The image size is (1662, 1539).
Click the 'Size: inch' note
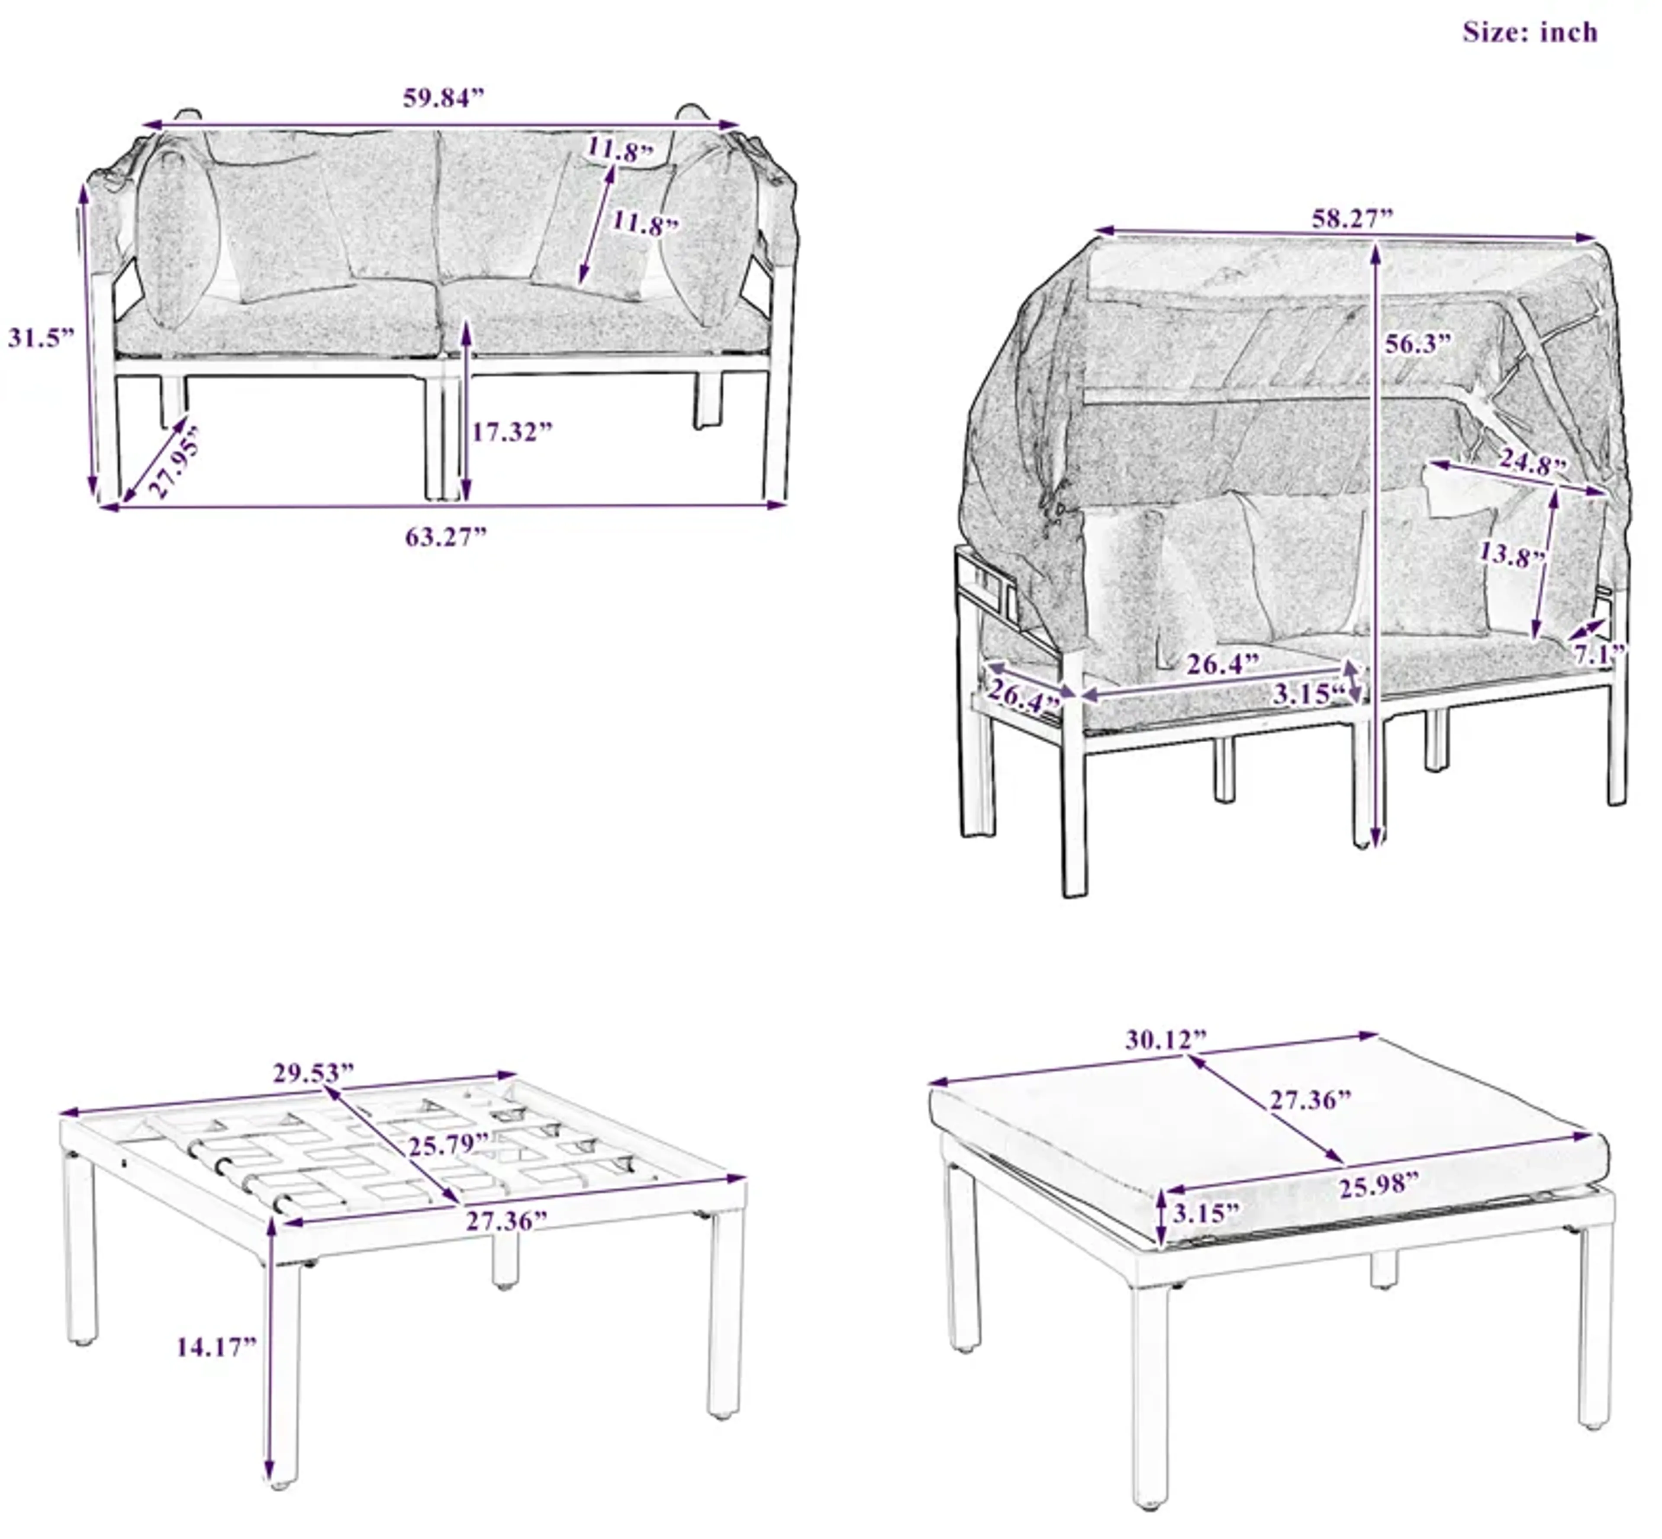click(x=1530, y=32)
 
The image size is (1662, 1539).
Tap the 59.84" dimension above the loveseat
click(x=443, y=98)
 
